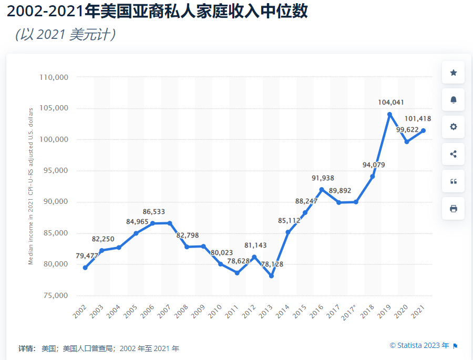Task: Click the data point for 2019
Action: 389,114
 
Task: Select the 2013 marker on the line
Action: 271,275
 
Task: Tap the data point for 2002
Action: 85,268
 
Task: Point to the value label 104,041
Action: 391,102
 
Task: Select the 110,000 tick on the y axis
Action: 54,77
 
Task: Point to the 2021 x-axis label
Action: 419,311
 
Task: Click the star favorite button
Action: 453,73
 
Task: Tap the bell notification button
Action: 453,100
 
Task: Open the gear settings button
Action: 453,127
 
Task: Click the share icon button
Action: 453,154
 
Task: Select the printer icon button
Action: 453,209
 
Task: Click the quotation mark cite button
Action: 453,181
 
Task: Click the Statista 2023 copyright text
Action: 419,345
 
